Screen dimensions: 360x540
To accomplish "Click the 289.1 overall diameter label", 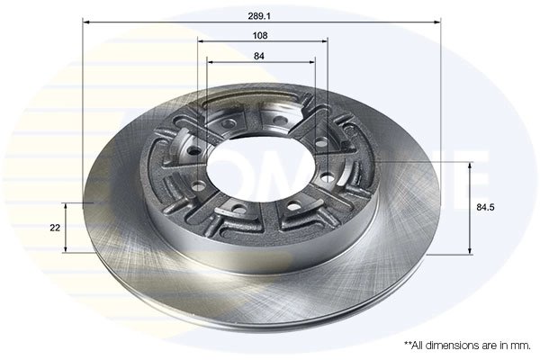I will (261, 14).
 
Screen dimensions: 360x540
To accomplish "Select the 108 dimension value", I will (261, 35).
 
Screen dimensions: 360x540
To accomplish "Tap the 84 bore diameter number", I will (261, 56).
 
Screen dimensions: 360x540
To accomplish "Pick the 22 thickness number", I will (56, 228).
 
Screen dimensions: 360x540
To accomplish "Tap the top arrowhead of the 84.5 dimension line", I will (471, 166).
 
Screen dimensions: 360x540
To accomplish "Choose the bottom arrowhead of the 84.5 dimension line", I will (471, 251).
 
